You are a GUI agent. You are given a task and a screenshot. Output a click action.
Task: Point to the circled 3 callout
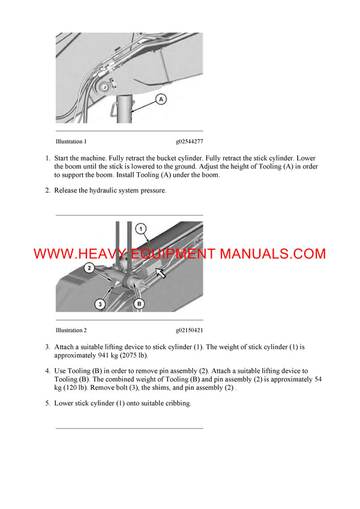[x=100, y=304]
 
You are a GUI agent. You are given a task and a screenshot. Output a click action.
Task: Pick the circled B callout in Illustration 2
[x=139, y=304]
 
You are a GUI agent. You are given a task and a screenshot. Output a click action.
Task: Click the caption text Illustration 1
[x=71, y=141]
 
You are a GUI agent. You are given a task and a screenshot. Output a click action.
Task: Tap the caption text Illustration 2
[x=71, y=330]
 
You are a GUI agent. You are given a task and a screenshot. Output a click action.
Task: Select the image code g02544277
[x=189, y=141]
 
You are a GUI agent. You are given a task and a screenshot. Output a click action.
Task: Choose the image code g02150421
[x=189, y=330]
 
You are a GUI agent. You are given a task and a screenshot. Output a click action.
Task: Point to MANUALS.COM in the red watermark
[x=273, y=254]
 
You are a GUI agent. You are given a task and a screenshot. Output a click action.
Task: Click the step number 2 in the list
[x=48, y=191]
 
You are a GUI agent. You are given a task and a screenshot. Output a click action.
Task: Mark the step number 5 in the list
[x=48, y=403]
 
